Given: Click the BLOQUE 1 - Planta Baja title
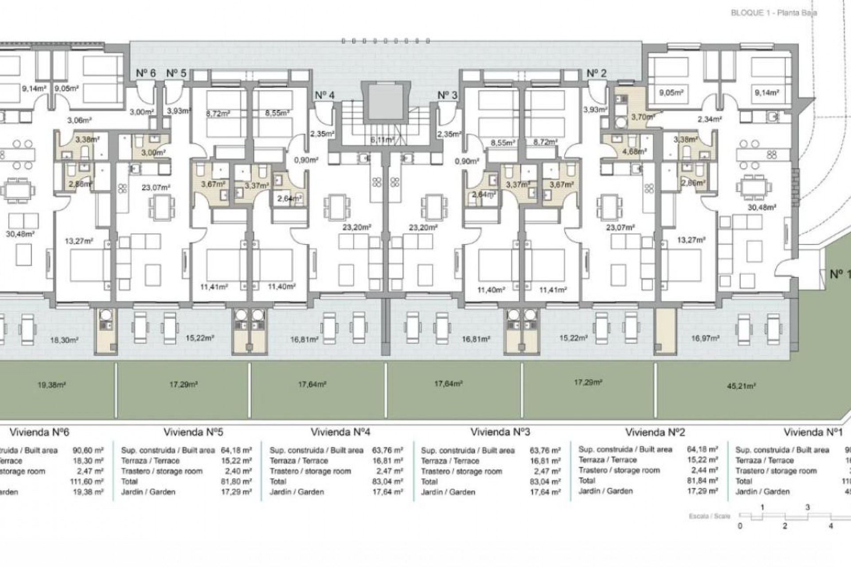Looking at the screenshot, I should (773, 13).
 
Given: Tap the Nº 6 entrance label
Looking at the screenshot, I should (145, 73).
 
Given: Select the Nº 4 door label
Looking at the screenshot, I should (324, 95).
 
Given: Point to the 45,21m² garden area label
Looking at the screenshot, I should (741, 386).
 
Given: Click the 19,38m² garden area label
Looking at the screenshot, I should (52, 385).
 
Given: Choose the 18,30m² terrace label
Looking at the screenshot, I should (64, 340).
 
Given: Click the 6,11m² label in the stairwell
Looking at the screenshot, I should (382, 140).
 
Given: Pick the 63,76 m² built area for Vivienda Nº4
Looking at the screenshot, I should (387, 450).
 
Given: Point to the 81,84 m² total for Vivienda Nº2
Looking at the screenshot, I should (702, 481).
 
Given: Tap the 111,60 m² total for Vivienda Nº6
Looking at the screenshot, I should (88, 482).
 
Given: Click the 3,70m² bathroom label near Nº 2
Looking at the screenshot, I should (642, 117).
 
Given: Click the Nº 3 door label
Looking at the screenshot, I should (447, 95).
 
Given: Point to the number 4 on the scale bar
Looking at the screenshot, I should (831, 526).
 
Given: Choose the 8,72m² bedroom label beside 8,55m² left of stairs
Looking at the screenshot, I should (218, 113).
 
